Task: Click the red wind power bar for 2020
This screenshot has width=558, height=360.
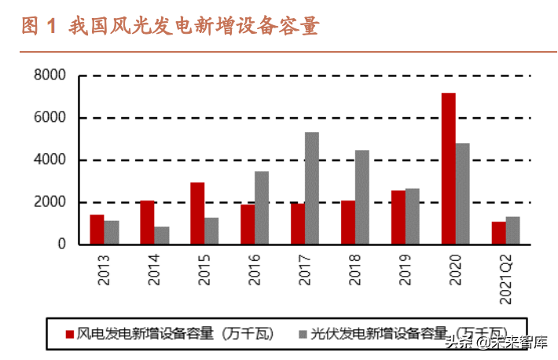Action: click(448, 169)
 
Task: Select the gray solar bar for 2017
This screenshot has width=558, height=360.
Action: click(312, 189)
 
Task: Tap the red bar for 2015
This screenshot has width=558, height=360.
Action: click(197, 214)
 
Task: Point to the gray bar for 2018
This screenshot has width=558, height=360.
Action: click(362, 197)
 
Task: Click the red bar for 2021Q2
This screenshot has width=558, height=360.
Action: click(498, 233)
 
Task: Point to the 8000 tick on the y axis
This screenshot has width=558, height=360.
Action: click(49, 76)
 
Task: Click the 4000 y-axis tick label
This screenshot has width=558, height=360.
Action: click(49, 160)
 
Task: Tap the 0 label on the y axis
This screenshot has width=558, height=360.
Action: click(61, 244)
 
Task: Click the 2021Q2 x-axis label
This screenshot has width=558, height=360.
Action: click(505, 275)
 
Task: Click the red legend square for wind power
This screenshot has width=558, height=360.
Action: click(69, 333)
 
